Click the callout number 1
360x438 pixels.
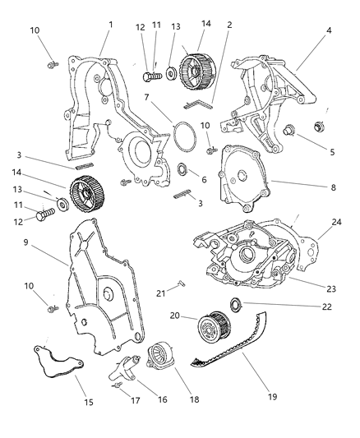[x=110, y=25]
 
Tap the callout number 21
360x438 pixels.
[x=162, y=293]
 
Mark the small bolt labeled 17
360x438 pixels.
[x=118, y=382]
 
